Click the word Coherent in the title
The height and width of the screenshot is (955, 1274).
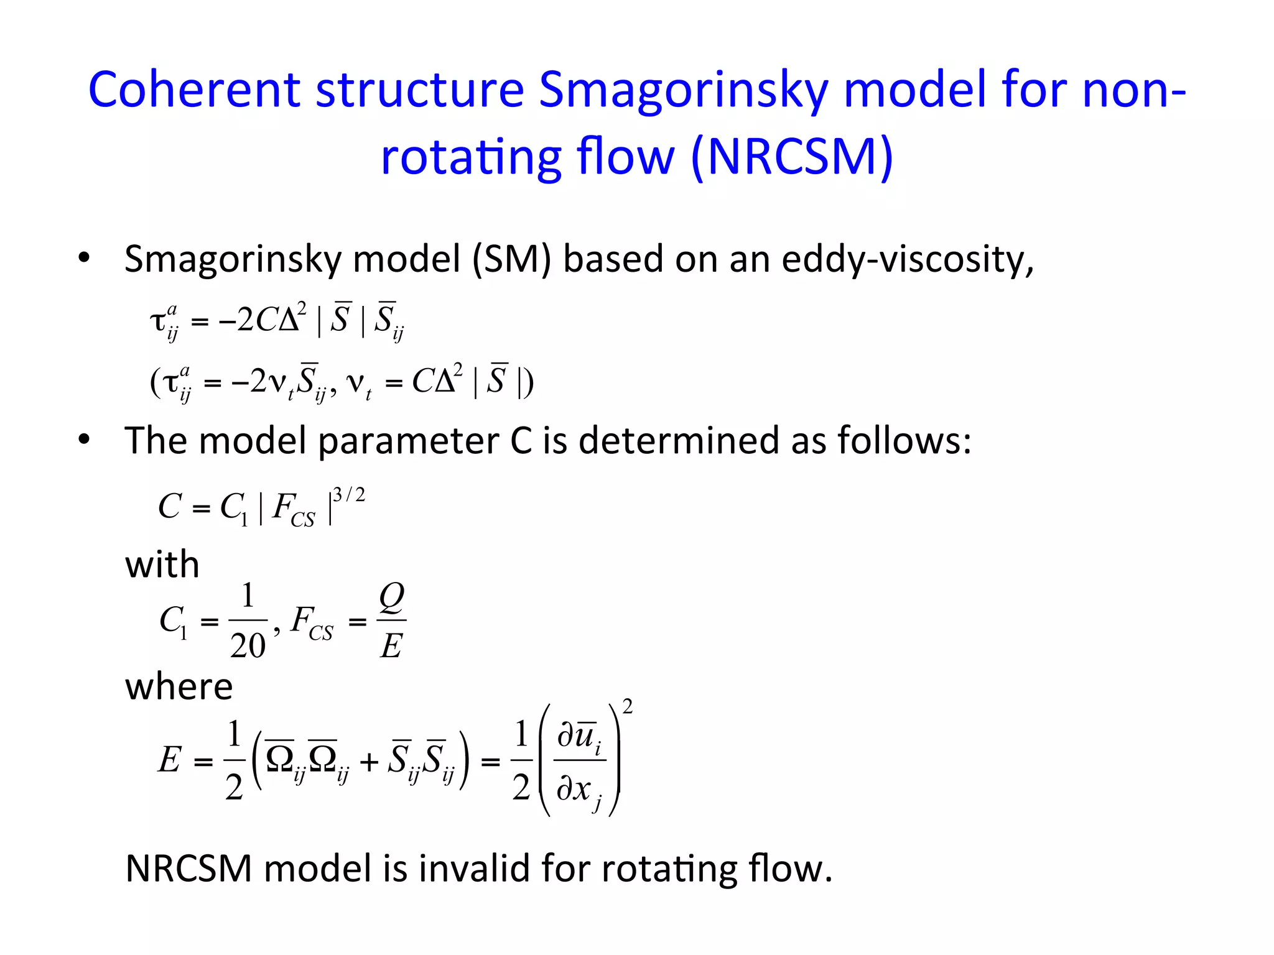tap(195, 90)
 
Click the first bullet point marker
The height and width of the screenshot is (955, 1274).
tap(84, 257)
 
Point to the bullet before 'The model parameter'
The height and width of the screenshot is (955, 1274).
tap(84, 440)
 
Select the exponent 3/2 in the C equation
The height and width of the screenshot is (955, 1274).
tap(349, 495)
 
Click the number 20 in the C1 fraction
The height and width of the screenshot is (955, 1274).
tap(248, 646)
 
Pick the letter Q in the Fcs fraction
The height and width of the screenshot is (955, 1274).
tap(392, 596)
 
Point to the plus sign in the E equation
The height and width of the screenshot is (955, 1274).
tap(369, 762)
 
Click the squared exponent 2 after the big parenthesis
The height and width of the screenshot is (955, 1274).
tap(628, 707)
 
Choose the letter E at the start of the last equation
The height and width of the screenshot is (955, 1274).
tap(169, 760)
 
